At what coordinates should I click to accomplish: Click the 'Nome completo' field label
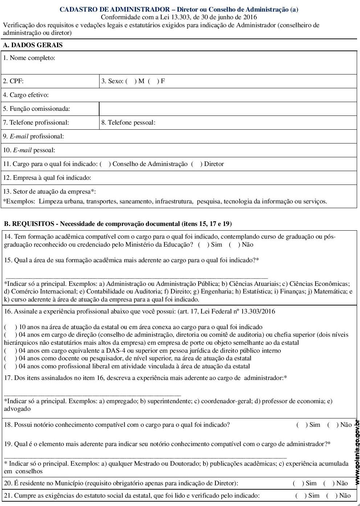pyautogui.click(x=29, y=58)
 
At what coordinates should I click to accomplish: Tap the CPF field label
pyautogui.click(x=13, y=81)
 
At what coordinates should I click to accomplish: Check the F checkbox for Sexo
pyautogui.click(x=153, y=81)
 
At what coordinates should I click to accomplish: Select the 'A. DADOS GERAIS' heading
pyautogui.click(x=33, y=45)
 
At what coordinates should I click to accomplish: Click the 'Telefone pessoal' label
pyautogui.click(x=128, y=123)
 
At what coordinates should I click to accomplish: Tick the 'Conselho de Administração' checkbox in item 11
pyautogui.click(x=105, y=164)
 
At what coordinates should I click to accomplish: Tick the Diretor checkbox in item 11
pyautogui.click(x=196, y=164)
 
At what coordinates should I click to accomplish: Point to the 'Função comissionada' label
pyautogui.click(x=36, y=109)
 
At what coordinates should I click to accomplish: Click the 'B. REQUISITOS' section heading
pyautogui.click(x=29, y=224)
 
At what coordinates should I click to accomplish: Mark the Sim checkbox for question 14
pyautogui.click(x=203, y=245)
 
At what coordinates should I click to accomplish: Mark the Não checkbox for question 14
pyautogui.click(x=234, y=245)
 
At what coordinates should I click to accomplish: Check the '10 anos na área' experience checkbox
pyautogui.click(x=11, y=327)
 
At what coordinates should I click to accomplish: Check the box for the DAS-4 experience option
pyautogui.click(x=11, y=351)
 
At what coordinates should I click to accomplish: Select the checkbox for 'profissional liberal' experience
pyautogui.click(x=11, y=367)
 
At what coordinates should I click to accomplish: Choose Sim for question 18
pyautogui.click(x=302, y=425)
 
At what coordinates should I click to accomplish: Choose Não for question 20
pyautogui.click(x=328, y=483)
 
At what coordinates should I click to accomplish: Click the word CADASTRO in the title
pyautogui.click(x=76, y=10)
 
